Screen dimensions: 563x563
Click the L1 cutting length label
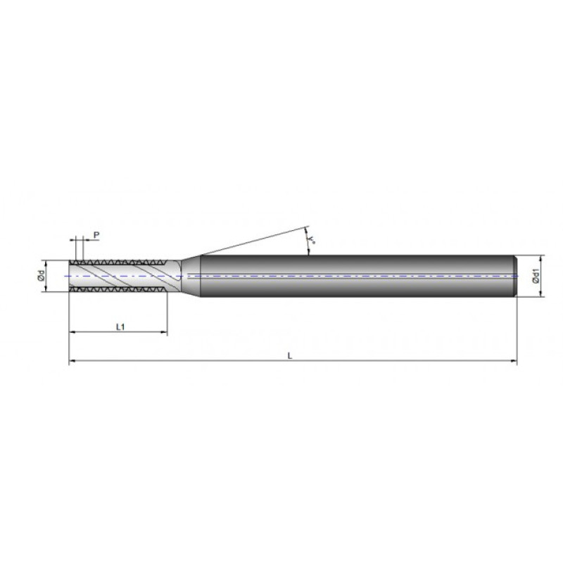tap(120, 327)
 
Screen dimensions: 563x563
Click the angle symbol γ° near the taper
tap(312, 241)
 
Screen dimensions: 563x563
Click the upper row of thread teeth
tap(116, 262)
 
